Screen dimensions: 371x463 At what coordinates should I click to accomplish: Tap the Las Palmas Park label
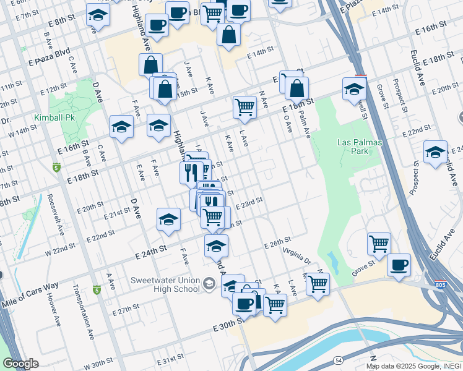361,147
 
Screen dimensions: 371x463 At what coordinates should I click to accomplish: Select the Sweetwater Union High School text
165,284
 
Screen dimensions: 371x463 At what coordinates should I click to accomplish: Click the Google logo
20,364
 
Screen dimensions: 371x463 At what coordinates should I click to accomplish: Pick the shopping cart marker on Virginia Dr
318,284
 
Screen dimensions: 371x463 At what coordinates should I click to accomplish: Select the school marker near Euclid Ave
435,152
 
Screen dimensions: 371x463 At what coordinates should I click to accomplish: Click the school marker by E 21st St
168,220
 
